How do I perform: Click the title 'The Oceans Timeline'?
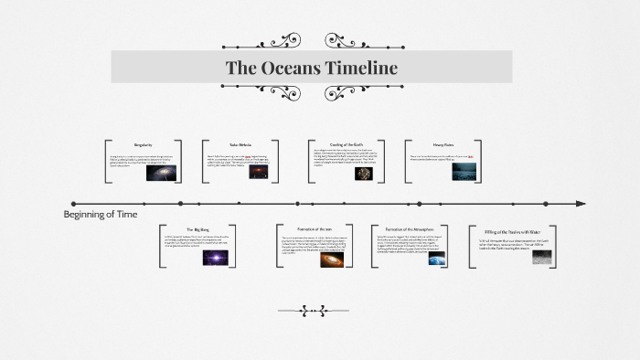pos(311,68)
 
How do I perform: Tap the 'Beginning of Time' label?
pos(101,215)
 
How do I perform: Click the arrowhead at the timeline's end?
pos(580,204)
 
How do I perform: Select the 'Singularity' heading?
pos(143,145)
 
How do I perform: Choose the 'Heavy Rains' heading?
pos(443,145)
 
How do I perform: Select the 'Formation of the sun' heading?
pos(314,230)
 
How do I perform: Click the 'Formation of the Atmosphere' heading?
pos(409,230)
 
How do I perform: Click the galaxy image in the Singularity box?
pos(161,173)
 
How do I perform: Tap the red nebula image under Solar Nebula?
pos(258,170)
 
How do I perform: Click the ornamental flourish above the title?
pos(311,42)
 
